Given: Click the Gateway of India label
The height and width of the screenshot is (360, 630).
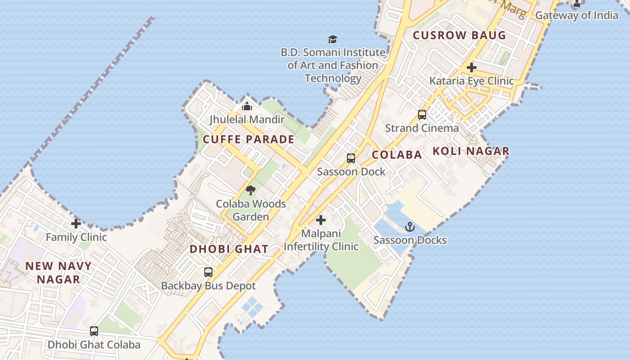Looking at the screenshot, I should [x=576, y=15].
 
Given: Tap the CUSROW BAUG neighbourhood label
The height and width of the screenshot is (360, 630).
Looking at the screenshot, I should [x=459, y=35].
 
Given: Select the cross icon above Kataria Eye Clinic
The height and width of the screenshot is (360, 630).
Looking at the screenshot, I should [x=471, y=67].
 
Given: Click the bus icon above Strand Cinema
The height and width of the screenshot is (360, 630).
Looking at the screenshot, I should [x=422, y=115].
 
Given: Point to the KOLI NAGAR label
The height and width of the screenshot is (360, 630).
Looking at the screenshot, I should [x=471, y=151].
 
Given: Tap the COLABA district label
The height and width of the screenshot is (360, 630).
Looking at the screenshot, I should [x=397, y=155].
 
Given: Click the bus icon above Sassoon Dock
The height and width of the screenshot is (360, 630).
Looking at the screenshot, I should [x=351, y=158].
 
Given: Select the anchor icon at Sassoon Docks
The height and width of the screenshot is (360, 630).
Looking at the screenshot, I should [x=409, y=227].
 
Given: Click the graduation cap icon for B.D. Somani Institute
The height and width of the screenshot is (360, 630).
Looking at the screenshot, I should [x=333, y=39].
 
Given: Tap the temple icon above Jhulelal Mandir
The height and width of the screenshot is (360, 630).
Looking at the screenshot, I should [x=247, y=106].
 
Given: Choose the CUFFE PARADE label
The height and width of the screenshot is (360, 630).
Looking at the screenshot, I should [x=248, y=139].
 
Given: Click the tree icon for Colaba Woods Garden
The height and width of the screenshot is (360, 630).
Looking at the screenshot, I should [x=251, y=190].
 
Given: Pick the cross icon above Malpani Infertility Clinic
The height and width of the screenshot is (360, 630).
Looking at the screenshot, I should [x=320, y=220].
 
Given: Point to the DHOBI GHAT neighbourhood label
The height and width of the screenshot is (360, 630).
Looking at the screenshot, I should [x=229, y=249].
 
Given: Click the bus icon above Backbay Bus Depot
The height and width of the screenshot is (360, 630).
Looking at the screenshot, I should [x=208, y=272].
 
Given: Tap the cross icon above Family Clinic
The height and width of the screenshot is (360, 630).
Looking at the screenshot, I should [x=76, y=224].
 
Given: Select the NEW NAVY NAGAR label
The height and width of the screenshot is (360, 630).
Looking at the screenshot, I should [x=58, y=273].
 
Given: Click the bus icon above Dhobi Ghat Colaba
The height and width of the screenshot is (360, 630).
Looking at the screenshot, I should [x=94, y=331].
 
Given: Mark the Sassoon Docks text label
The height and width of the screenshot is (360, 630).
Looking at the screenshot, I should [x=410, y=240].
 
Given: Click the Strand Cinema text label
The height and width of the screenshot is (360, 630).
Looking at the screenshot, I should [x=422, y=128].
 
